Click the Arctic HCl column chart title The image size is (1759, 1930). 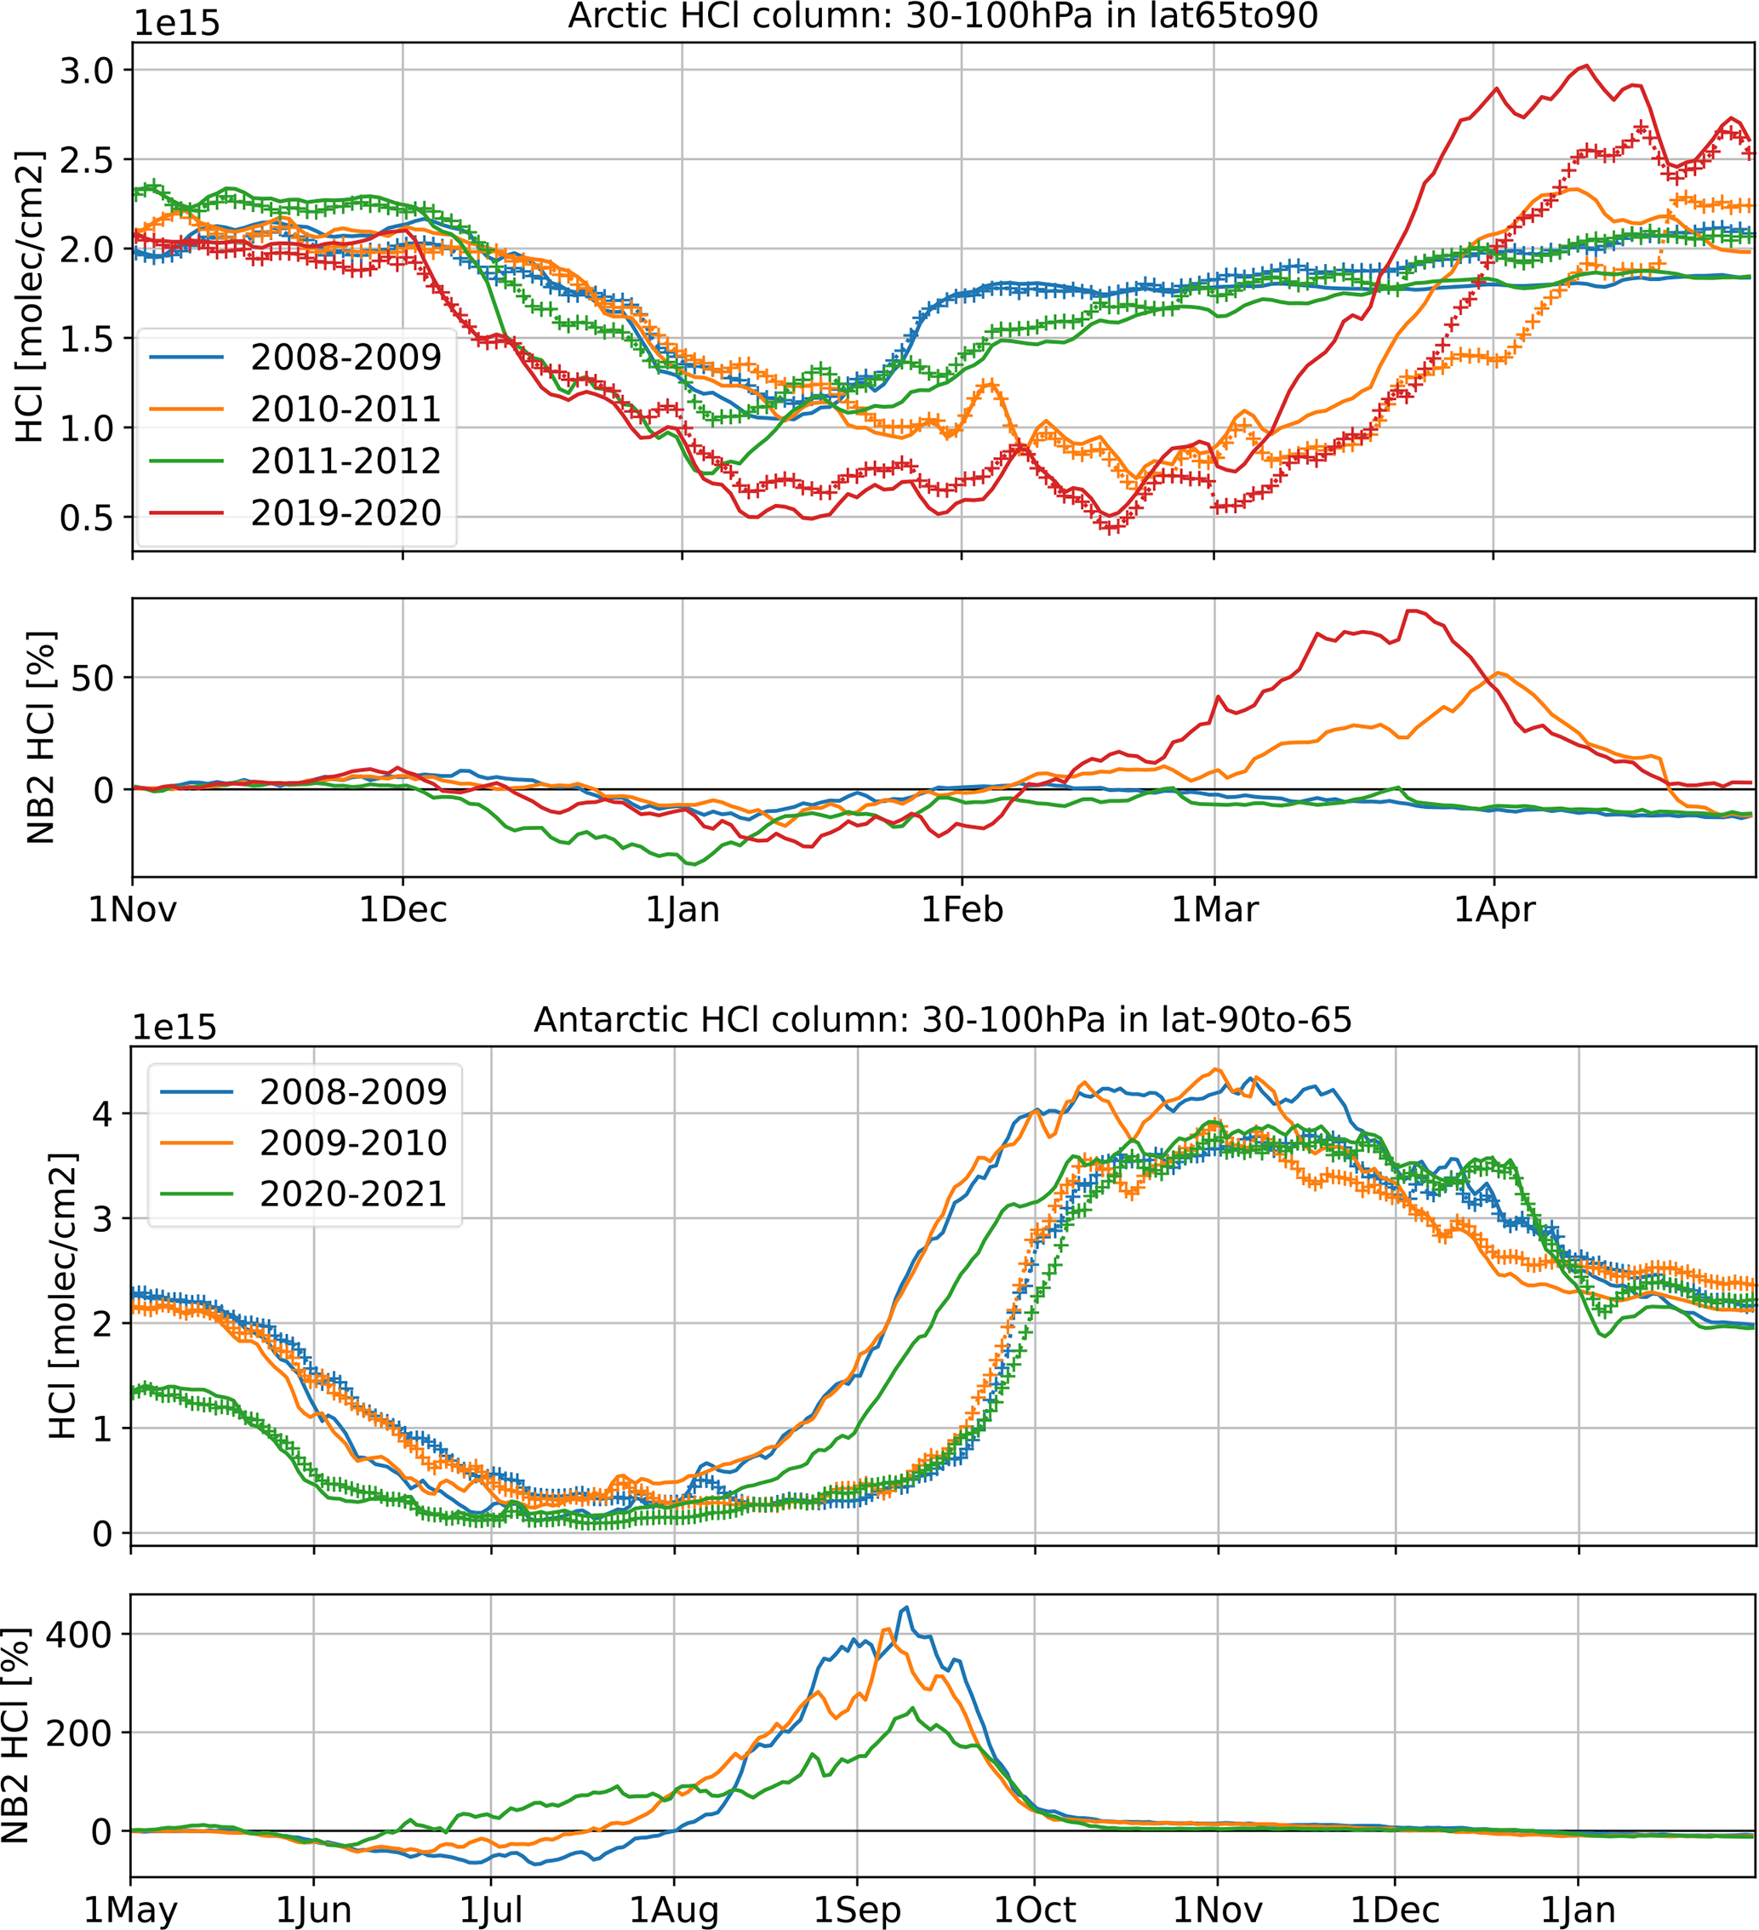943,16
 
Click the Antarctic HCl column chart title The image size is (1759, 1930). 943,1020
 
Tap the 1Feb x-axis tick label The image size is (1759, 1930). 962,908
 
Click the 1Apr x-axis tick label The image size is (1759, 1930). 1493,908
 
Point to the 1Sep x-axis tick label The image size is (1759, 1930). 858,1909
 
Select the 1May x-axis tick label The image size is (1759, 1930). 131,1909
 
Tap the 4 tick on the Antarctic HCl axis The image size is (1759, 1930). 101,1114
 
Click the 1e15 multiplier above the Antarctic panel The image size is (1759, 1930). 174,1028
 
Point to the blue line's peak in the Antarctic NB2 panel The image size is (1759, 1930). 905,1607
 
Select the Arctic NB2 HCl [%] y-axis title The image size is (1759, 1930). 40,737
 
